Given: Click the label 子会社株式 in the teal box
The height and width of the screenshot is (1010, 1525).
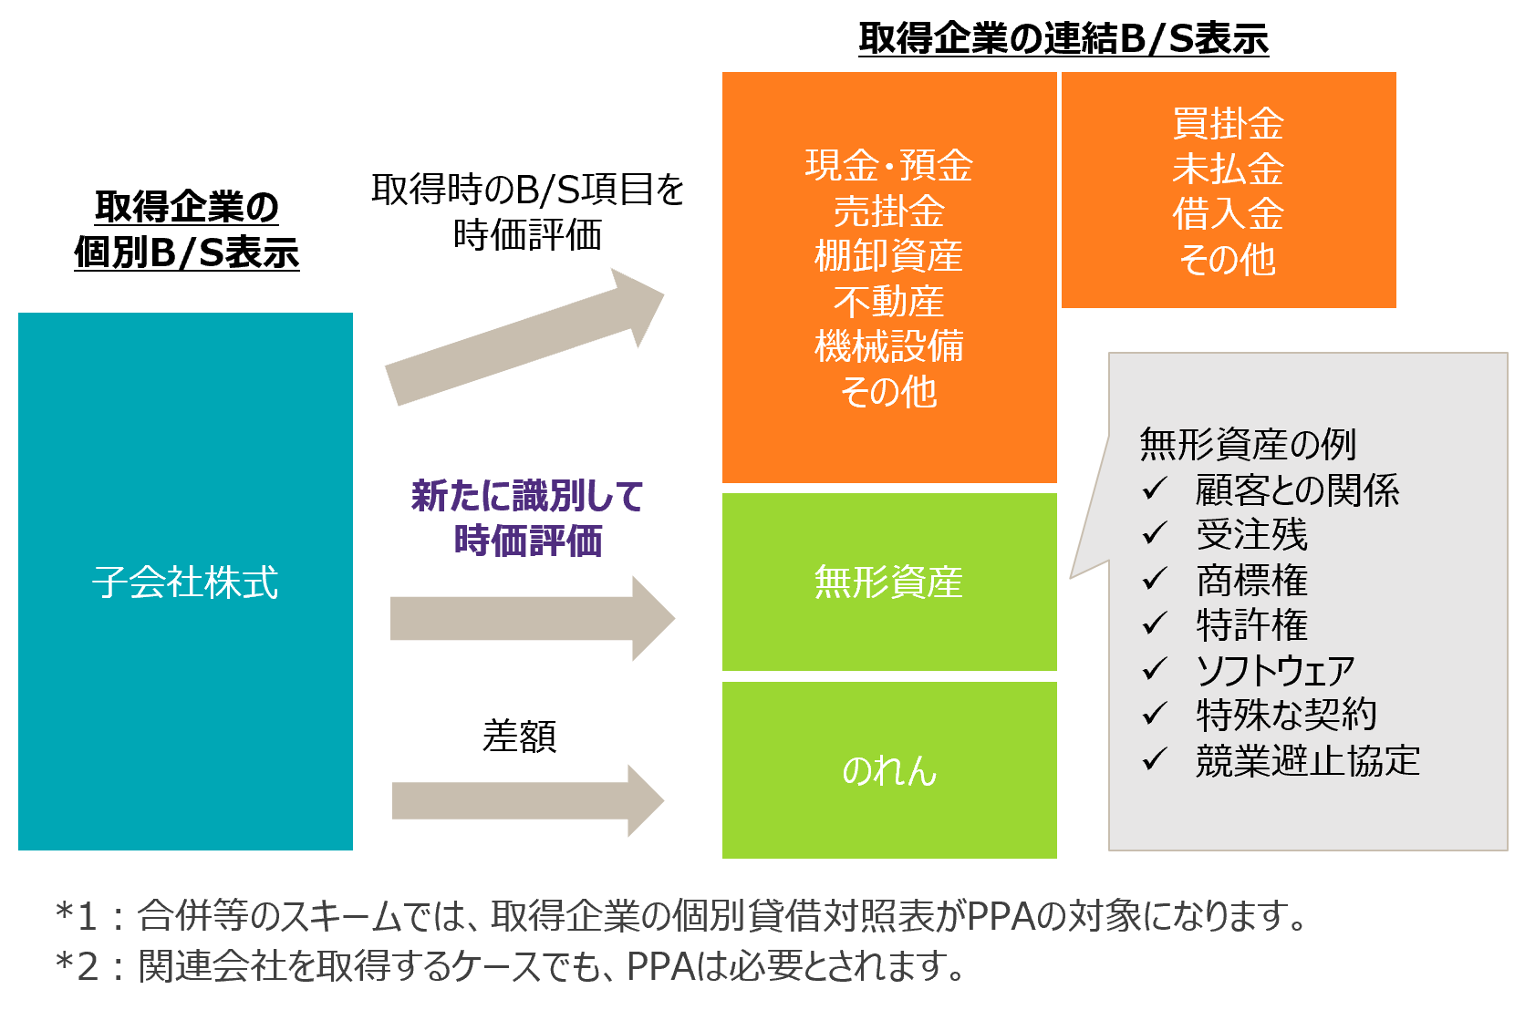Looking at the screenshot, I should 185,582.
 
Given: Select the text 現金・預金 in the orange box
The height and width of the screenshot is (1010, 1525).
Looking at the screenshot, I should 888,166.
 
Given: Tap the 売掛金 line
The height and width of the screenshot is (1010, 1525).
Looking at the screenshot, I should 888,211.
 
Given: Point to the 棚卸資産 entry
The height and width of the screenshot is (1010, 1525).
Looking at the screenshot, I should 888,256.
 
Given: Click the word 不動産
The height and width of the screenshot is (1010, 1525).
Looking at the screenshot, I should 888,302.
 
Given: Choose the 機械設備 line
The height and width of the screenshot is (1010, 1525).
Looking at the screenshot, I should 888,346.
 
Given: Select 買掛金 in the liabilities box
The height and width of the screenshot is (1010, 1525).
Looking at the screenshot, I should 1228,124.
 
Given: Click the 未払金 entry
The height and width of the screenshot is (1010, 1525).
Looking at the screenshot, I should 1228,170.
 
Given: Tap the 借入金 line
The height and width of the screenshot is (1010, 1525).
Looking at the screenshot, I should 1228,214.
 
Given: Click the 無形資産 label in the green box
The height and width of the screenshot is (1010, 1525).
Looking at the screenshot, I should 888,582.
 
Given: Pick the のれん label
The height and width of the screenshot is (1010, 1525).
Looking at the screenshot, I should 888,771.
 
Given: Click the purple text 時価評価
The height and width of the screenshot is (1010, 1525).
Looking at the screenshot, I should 528,541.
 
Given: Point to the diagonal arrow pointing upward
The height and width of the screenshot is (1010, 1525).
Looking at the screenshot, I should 524,337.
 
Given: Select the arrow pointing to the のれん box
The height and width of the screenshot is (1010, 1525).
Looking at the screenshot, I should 528,800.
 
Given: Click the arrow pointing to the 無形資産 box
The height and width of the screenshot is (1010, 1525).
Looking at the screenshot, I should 532,618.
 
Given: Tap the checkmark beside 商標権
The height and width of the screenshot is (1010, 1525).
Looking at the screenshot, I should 1155,579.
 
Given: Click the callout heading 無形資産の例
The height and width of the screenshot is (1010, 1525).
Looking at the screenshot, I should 1248,445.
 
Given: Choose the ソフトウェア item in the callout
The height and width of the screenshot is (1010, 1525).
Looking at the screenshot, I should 1275,671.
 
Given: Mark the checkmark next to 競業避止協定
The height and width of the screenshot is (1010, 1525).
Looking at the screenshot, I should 1155,759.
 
